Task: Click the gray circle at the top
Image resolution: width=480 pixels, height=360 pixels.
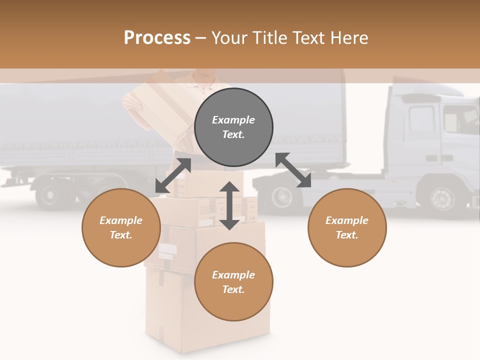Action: [x=233, y=127]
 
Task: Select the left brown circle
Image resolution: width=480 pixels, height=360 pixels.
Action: [x=121, y=227]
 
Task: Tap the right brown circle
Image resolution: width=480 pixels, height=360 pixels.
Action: [x=347, y=227]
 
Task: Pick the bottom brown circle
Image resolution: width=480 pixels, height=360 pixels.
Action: [x=233, y=282]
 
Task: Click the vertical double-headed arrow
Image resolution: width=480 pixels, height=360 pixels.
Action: [x=229, y=205]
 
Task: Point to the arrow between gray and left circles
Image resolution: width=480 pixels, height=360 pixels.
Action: [x=173, y=175]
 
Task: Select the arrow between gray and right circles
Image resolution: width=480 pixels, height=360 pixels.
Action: [x=293, y=170]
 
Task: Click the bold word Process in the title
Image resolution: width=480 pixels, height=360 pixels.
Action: [x=157, y=37]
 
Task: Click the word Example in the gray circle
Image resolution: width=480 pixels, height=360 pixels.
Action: [x=233, y=120]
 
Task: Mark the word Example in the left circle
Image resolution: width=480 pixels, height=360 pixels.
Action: [x=121, y=220]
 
